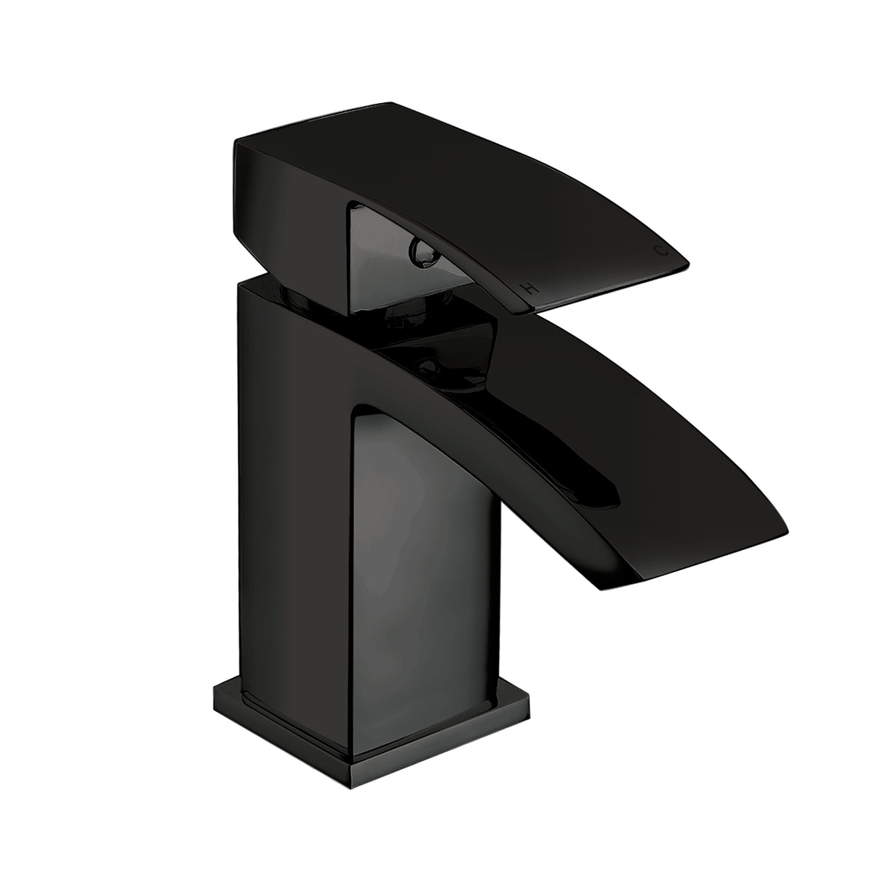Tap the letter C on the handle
[x=657, y=250]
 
